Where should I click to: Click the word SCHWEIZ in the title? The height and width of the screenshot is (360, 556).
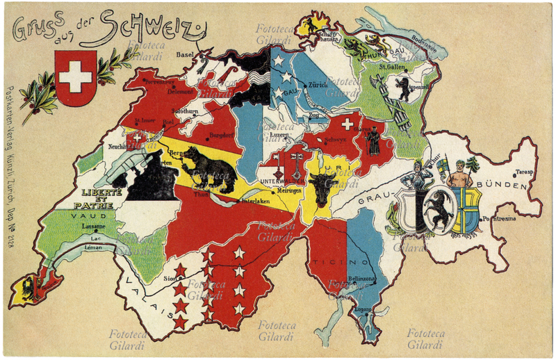(x=152, y=26)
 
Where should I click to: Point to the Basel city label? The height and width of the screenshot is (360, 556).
(x=185, y=54)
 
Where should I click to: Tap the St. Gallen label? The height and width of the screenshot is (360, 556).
(x=393, y=67)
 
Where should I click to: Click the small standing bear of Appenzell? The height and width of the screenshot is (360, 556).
(x=402, y=88)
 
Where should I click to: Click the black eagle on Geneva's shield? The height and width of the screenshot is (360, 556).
(x=31, y=287)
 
